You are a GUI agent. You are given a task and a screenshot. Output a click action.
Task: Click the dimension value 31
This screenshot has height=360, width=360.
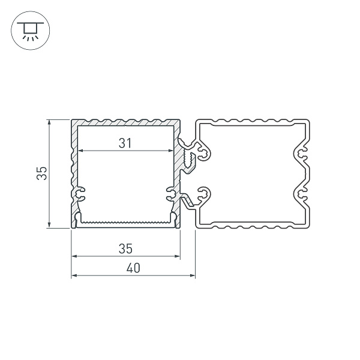point(124,143)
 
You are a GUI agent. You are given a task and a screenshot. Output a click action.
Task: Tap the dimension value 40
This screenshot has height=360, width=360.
point(133,268)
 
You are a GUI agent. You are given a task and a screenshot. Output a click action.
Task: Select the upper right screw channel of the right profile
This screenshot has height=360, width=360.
point(302,155)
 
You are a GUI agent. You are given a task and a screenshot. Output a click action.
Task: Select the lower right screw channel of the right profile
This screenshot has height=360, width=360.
point(302,193)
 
